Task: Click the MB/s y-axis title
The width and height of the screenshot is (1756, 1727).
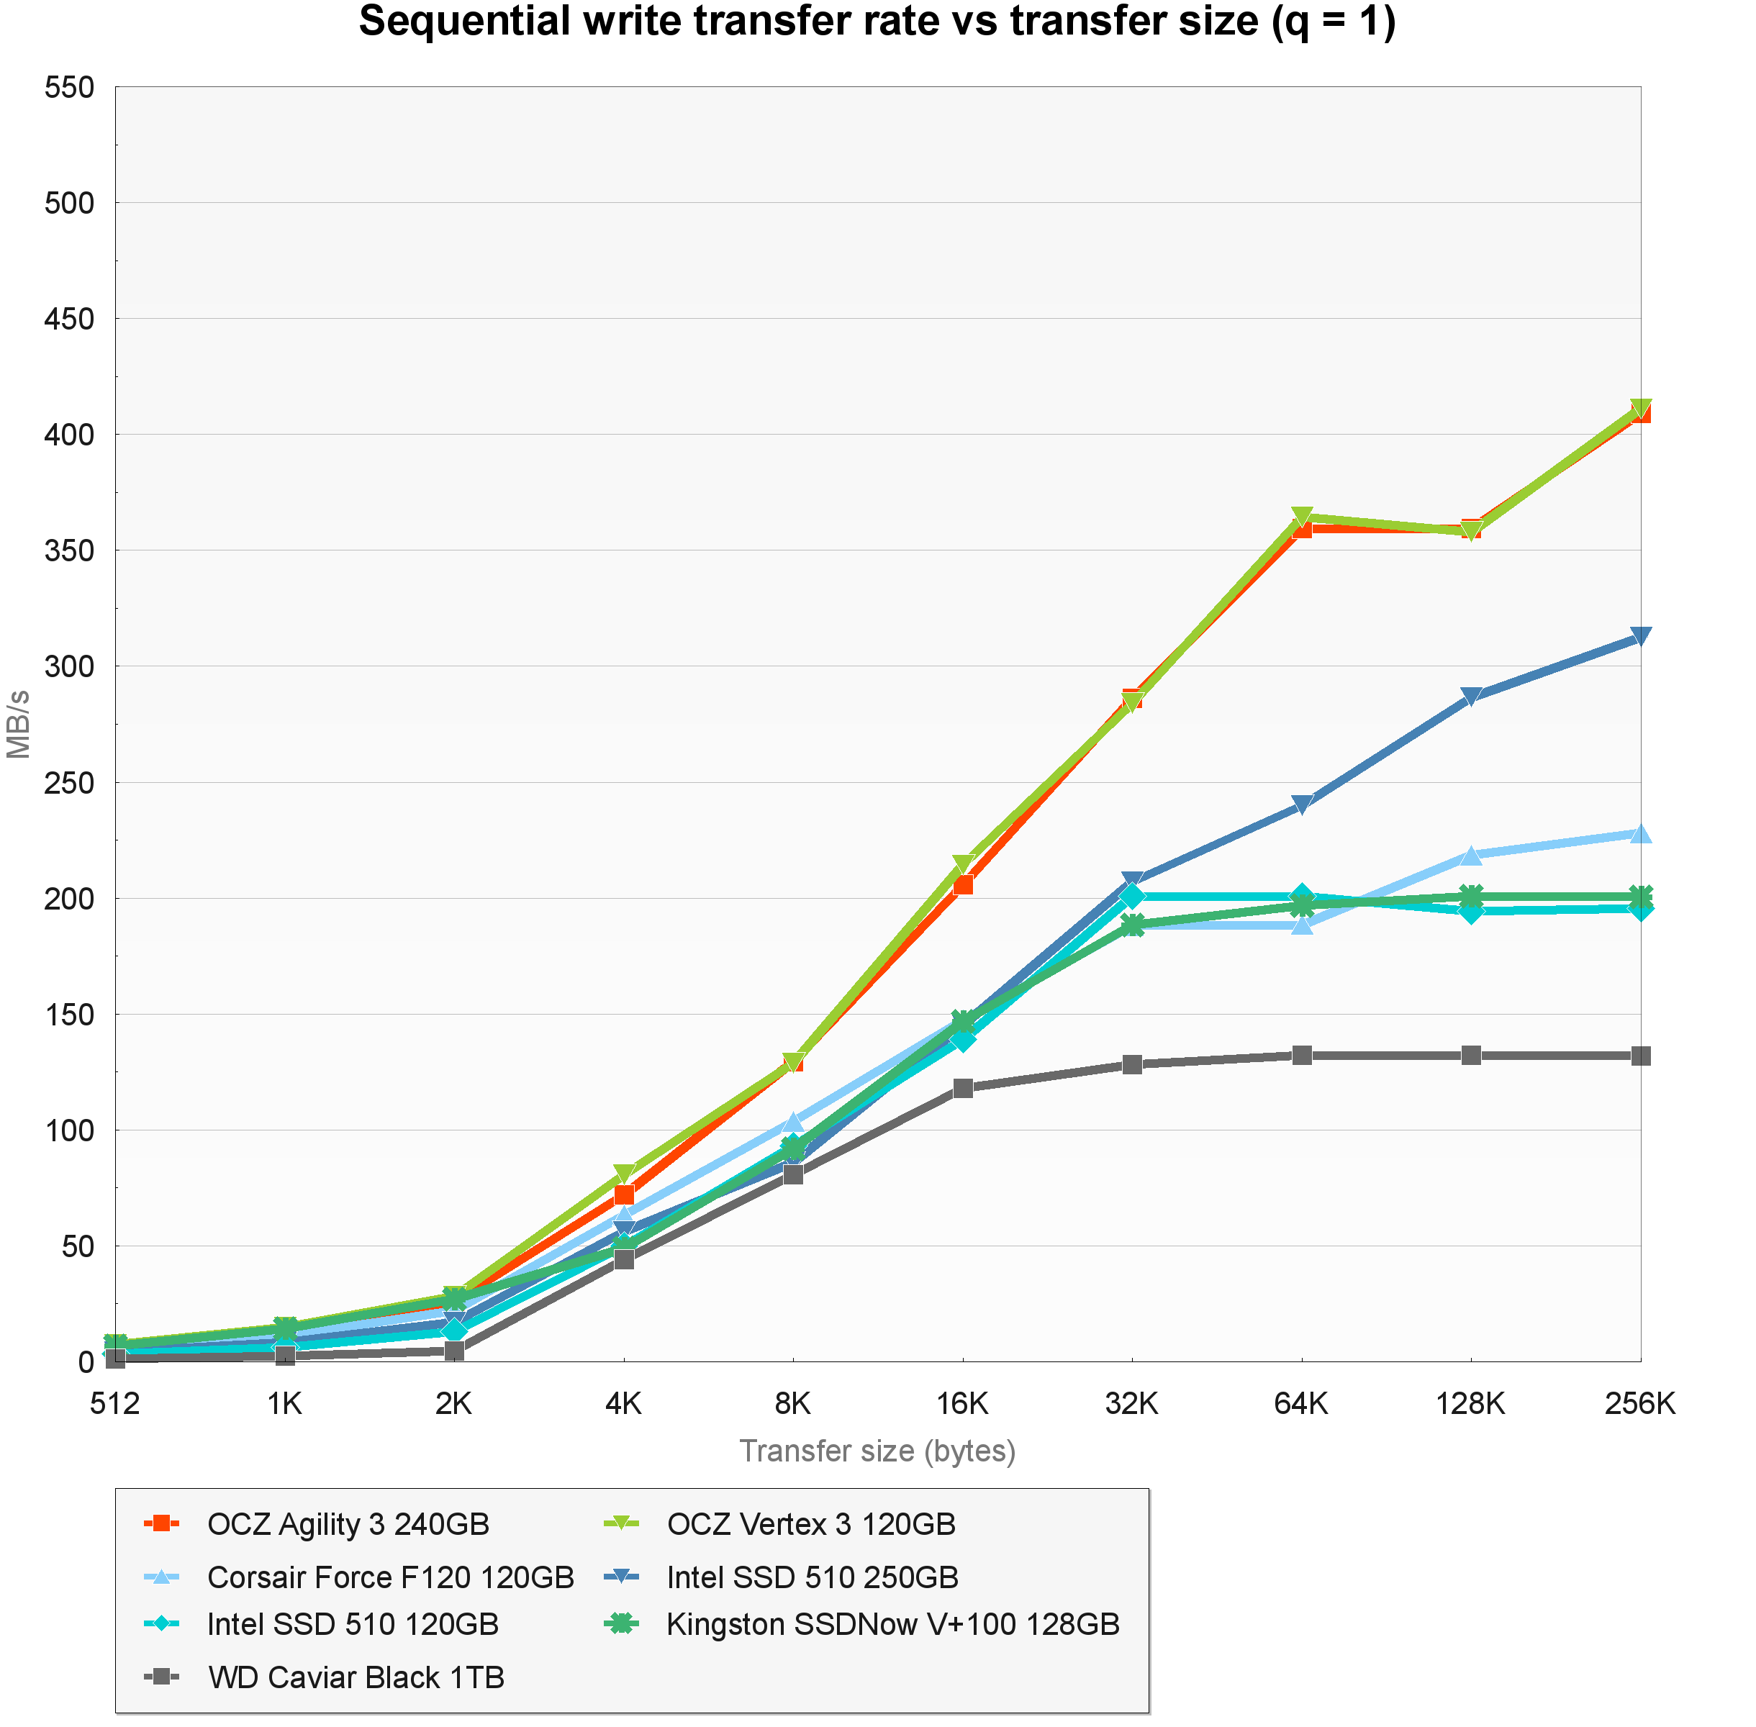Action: click(x=19, y=724)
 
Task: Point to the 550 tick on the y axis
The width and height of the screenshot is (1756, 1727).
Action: click(x=70, y=87)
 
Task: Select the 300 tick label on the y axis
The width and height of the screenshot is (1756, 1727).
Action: click(x=70, y=666)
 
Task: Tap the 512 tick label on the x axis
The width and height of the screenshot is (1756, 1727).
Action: click(x=115, y=1403)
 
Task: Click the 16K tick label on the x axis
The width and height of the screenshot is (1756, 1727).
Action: click(x=961, y=1403)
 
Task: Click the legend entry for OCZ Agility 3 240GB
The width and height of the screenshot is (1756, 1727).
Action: click(x=348, y=1524)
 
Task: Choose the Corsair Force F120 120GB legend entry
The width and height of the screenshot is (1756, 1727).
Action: click(x=390, y=1577)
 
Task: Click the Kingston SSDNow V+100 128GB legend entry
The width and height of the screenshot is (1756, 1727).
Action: click(x=892, y=1623)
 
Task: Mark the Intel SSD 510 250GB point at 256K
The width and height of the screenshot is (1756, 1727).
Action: click(x=1640, y=637)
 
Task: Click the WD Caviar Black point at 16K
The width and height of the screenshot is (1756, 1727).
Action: click(x=962, y=1087)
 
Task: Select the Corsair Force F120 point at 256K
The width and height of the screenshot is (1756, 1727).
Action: click(x=1640, y=833)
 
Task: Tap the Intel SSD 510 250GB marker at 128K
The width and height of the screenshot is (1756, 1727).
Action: click(x=1470, y=697)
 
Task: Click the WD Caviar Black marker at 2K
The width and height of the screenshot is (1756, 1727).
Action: click(x=454, y=1351)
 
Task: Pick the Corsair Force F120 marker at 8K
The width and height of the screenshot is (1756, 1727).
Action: click(x=793, y=1122)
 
